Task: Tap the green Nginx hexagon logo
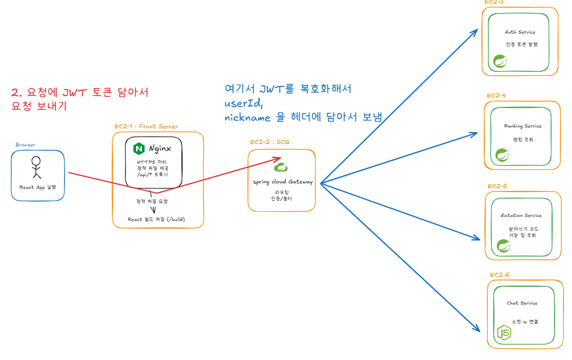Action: (139, 148)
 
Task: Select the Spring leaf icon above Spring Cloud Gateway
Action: (281, 166)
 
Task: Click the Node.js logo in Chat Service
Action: (504, 332)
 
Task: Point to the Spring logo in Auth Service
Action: (500, 61)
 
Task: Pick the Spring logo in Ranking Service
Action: (502, 155)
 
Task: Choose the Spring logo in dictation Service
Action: (504, 246)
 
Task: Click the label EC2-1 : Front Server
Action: (146, 127)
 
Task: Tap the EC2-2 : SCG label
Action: (269, 142)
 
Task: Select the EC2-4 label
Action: (496, 95)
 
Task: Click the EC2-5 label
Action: (497, 186)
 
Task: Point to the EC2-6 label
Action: (499, 275)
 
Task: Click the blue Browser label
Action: (25, 144)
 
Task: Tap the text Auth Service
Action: (520, 32)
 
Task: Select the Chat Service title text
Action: (522, 303)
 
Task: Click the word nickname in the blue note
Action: (248, 118)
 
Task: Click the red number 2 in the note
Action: (15, 93)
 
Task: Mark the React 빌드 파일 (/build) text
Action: (156, 220)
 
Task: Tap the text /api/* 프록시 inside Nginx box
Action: (153, 174)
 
